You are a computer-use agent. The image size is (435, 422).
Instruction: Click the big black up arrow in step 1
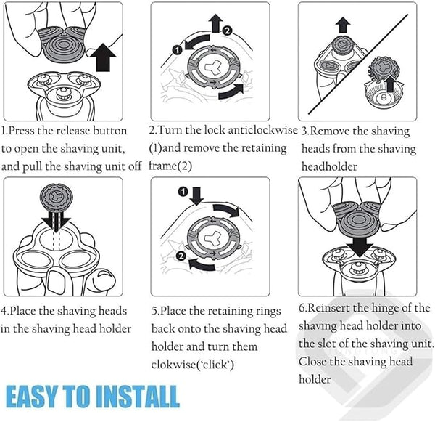[103, 57]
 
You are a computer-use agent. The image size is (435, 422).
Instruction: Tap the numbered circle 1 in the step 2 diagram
[178, 50]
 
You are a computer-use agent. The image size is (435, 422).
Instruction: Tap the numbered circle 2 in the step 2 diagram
[227, 31]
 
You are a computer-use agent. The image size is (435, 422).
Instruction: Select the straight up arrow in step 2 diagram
[215, 23]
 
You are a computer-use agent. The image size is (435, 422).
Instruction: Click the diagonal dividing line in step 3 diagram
[358, 64]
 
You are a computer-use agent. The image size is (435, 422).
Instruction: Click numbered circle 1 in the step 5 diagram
[183, 192]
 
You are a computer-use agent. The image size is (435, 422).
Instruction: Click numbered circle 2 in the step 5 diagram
[181, 256]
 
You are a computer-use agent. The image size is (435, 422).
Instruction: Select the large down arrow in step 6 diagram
[360, 246]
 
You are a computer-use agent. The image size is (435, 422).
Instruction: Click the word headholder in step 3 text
[329, 167]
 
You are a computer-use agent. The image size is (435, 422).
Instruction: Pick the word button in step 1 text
[110, 131]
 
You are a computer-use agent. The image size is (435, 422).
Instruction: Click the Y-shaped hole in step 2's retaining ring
[212, 66]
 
